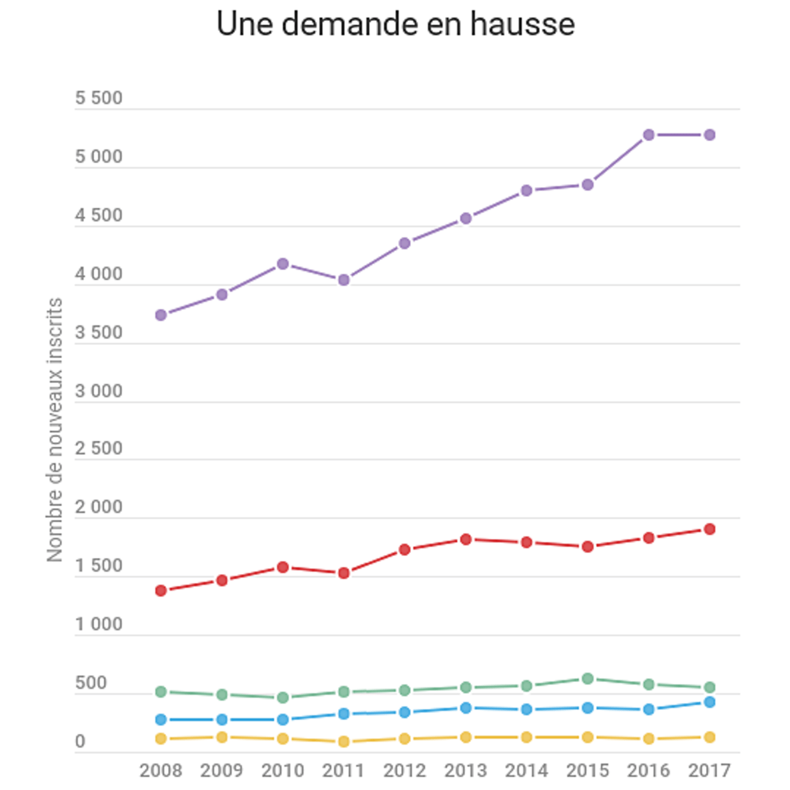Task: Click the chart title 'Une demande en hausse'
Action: (395, 25)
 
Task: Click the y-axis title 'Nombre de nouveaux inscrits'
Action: (55, 430)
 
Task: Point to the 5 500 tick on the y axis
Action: (99, 98)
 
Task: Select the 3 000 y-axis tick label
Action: (99, 391)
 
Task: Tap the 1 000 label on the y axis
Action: (99, 625)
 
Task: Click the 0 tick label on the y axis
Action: (80, 741)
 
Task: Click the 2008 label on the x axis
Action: (161, 771)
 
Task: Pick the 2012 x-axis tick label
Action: (405, 771)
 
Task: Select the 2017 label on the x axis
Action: (710, 771)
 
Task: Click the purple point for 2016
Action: (649, 135)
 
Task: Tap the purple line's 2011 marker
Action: (344, 280)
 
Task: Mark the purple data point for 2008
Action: (161, 315)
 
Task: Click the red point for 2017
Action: (710, 529)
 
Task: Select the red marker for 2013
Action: (466, 539)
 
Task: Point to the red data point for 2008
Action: (161, 591)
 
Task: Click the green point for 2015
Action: (588, 679)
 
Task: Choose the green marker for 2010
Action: (283, 697)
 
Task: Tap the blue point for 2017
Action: (710, 702)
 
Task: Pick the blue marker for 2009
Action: (222, 720)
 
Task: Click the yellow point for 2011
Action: (344, 741)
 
